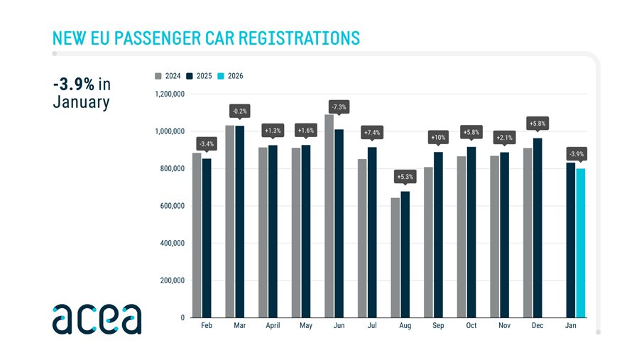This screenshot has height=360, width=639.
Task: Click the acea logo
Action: pyautogui.click(x=97, y=319)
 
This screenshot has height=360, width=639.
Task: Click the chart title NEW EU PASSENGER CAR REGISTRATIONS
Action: pyautogui.click(x=206, y=38)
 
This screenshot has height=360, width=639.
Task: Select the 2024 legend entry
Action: pyautogui.click(x=168, y=76)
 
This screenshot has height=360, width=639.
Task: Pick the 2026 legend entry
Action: pyautogui.click(x=230, y=76)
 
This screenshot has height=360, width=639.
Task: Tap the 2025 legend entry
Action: pyautogui.click(x=199, y=76)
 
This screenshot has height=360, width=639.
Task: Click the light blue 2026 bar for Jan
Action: pyautogui.click(x=581, y=243)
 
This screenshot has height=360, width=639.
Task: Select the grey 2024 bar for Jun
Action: pyautogui.click(x=329, y=216)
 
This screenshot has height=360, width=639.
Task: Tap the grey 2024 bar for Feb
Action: pyautogui.click(x=197, y=235)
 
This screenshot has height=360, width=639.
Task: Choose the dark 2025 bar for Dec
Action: pyautogui.click(x=537, y=228)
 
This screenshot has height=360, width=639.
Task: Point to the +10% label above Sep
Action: pyautogui.click(x=438, y=137)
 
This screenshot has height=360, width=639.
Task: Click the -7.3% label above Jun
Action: pyautogui.click(x=339, y=107)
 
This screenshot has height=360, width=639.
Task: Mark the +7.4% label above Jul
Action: pyautogui.click(x=372, y=133)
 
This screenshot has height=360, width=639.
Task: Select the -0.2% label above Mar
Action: pyautogui.click(x=239, y=111)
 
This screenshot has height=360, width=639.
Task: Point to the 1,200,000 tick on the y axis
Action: pyautogui.click(x=169, y=94)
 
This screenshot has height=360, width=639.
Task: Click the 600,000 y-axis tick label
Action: pyautogui.click(x=171, y=206)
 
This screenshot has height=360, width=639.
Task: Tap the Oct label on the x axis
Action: pyautogui.click(x=471, y=325)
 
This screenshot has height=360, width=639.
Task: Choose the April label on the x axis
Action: pyautogui.click(x=273, y=325)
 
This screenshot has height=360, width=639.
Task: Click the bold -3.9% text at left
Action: pyautogui.click(x=74, y=84)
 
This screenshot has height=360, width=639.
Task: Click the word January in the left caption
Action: pyautogui.click(x=81, y=102)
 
